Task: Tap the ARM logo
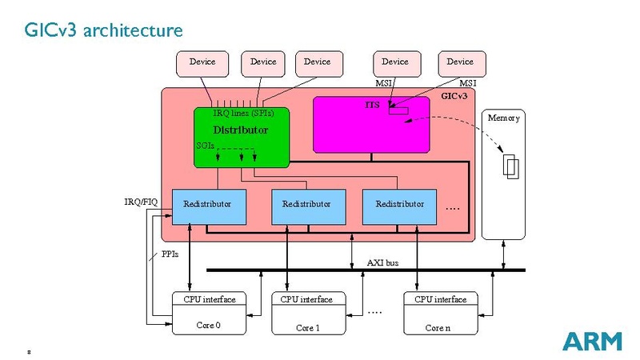coord(591,342)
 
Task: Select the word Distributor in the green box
coord(240,130)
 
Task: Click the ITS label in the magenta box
coord(372,106)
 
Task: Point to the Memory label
coord(503,118)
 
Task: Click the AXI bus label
coord(382,262)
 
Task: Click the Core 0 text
coord(209,326)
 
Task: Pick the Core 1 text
coord(308,327)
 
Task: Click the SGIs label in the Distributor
coord(205,146)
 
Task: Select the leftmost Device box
coord(202,62)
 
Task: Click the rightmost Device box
coord(460,62)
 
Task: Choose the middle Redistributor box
coord(306,204)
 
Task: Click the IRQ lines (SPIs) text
coord(238,114)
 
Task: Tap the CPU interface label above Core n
coord(440,299)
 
